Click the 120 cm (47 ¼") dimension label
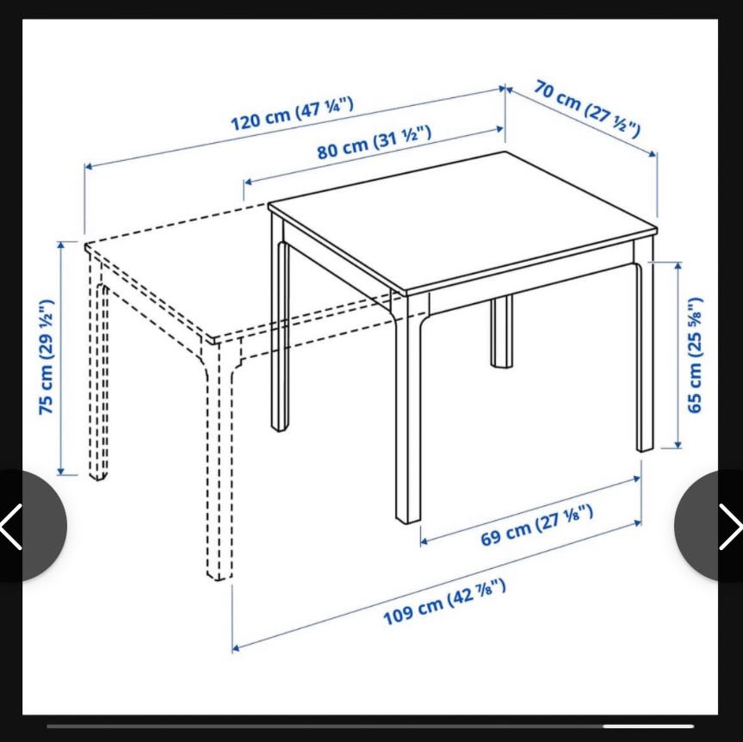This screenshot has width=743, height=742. pyautogui.click(x=292, y=114)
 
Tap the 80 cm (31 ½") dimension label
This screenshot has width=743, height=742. pyautogui.click(x=375, y=142)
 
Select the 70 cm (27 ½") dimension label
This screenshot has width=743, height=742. pyautogui.click(x=587, y=108)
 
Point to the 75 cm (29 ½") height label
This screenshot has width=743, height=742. pyautogui.click(x=46, y=356)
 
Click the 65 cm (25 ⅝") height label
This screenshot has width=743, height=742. pyautogui.click(x=694, y=355)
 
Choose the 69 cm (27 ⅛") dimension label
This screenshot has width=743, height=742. pyautogui.click(x=537, y=525)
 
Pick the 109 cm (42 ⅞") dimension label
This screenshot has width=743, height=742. pyautogui.click(x=444, y=602)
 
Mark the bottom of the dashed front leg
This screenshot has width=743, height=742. pyautogui.click(x=220, y=575)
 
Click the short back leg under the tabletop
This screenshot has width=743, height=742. pyautogui.click(x=502, y=331)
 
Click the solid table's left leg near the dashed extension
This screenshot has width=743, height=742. pyautogui.click(x=280, y=322)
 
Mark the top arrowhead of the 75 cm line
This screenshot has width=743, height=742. pyautogui.click(x=60, y=244)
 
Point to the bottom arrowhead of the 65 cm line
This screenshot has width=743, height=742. pyautogui.click(x=678, y=445)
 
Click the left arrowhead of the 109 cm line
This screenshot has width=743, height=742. pyautogui.click(x=235, y=648)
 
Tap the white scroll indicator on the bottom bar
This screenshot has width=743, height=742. pyautogui.click(x=648, y=726)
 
